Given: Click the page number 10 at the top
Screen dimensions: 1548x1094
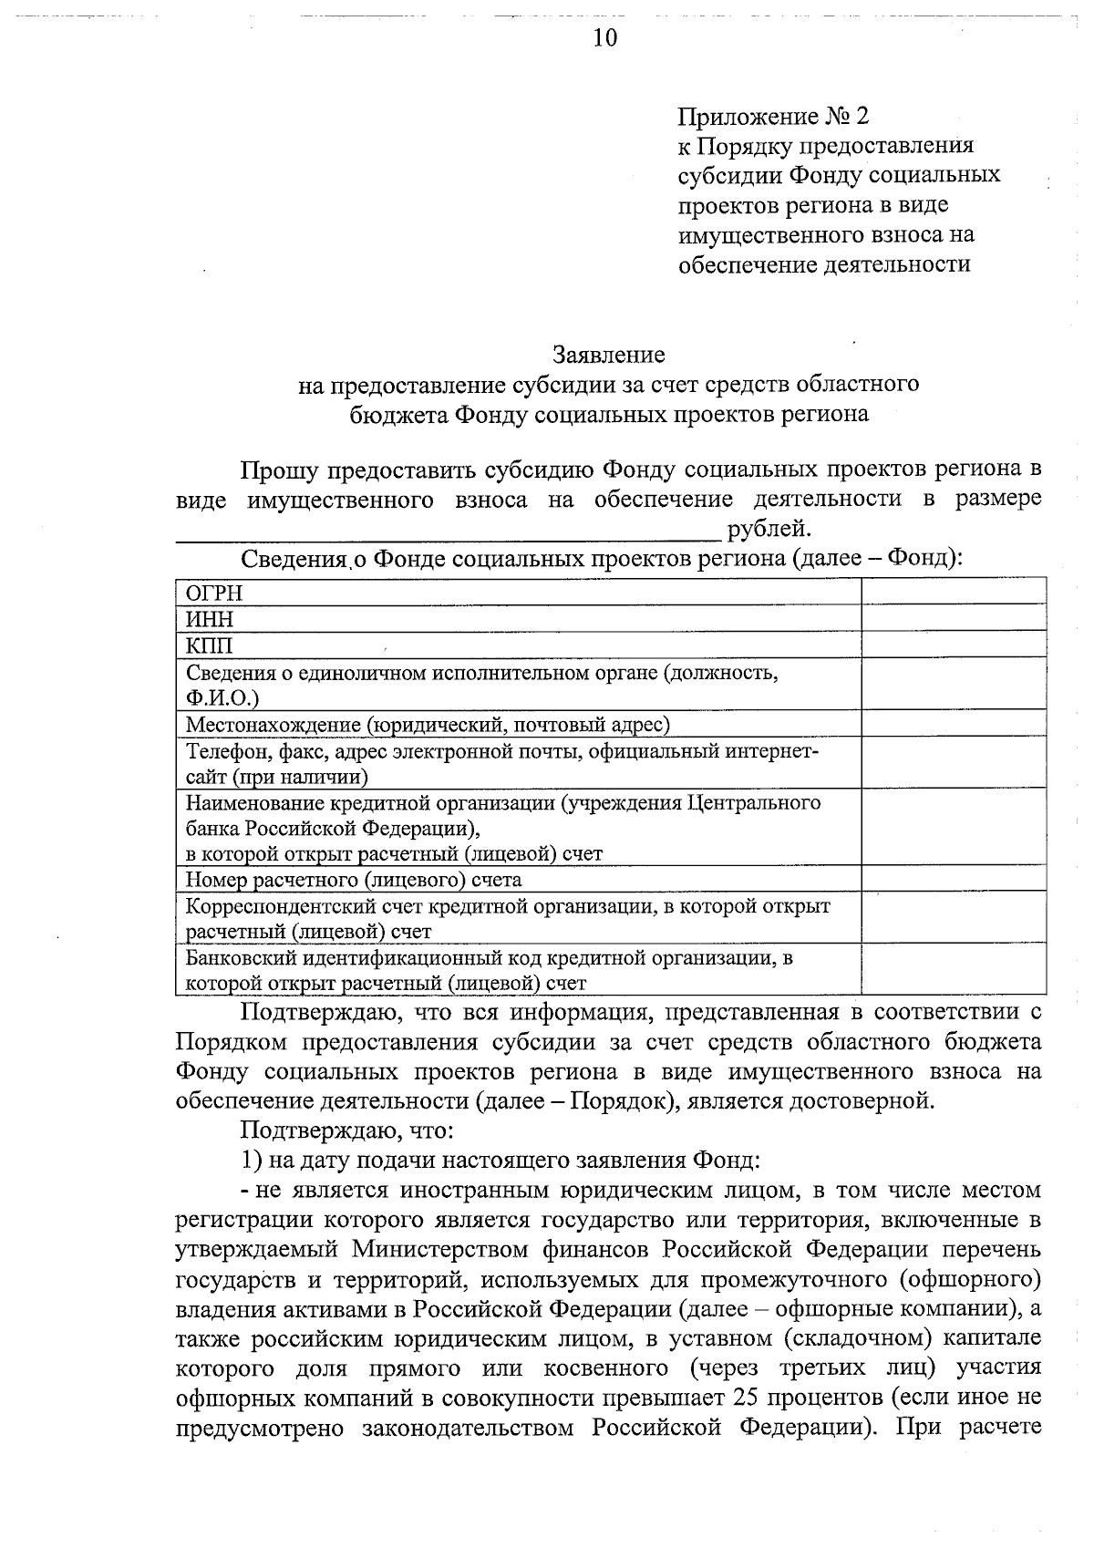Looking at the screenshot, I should coord(604,37).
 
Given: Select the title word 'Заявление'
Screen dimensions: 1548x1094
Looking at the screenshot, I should coord(609,354).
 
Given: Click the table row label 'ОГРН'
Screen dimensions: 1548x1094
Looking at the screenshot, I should coord(214,593).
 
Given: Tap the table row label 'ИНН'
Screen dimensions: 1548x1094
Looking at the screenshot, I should coord(210,619).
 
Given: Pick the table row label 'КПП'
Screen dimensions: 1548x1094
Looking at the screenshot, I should coord(210,645).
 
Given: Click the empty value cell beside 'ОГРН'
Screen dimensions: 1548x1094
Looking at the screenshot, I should coord(954,592).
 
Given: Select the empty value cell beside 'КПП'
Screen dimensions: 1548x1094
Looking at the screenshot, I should coord(954,645).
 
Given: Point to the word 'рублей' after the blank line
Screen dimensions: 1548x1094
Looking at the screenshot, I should coord(768,528).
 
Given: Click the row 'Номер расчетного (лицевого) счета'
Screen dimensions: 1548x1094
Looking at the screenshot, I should coord(354,880).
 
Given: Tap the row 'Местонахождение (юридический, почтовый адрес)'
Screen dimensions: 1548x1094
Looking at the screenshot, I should coord(428,725).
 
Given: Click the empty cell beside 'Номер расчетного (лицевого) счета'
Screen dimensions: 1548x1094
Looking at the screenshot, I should coord(954,879).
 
